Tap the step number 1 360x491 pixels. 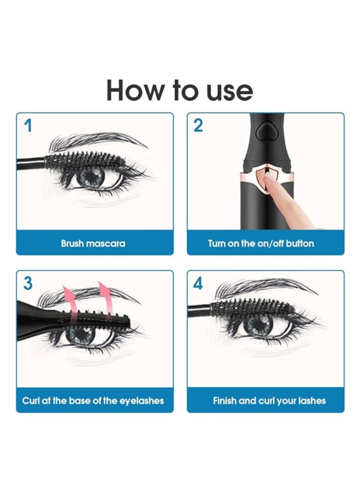click(x=28, y=126)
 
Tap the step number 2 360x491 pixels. click(x=198, y=126)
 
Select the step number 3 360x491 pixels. click(x=28, y=283)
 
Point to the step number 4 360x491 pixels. click(x=198, y=283)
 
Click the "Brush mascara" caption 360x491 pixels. click(x=93, y=243)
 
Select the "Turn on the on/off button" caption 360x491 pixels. click(x=261, y=243)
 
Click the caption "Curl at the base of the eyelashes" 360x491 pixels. click(x=93, y=401)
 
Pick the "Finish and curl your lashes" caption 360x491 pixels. click(x=269, y=401)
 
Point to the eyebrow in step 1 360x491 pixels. click(x=97, y=141)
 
